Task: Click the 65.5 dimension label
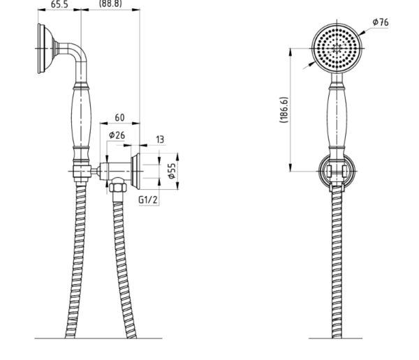coord(59,4)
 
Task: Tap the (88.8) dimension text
coord(110,3)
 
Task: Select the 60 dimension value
coord(119,117)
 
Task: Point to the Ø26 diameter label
coord(117,135)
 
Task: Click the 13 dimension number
coord(160,140)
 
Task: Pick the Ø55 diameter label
coord(172,171)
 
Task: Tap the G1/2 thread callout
coord(148,200)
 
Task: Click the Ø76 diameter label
coord(381,22)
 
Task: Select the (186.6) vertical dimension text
coord(284,110)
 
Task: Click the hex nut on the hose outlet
coord(117,186)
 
